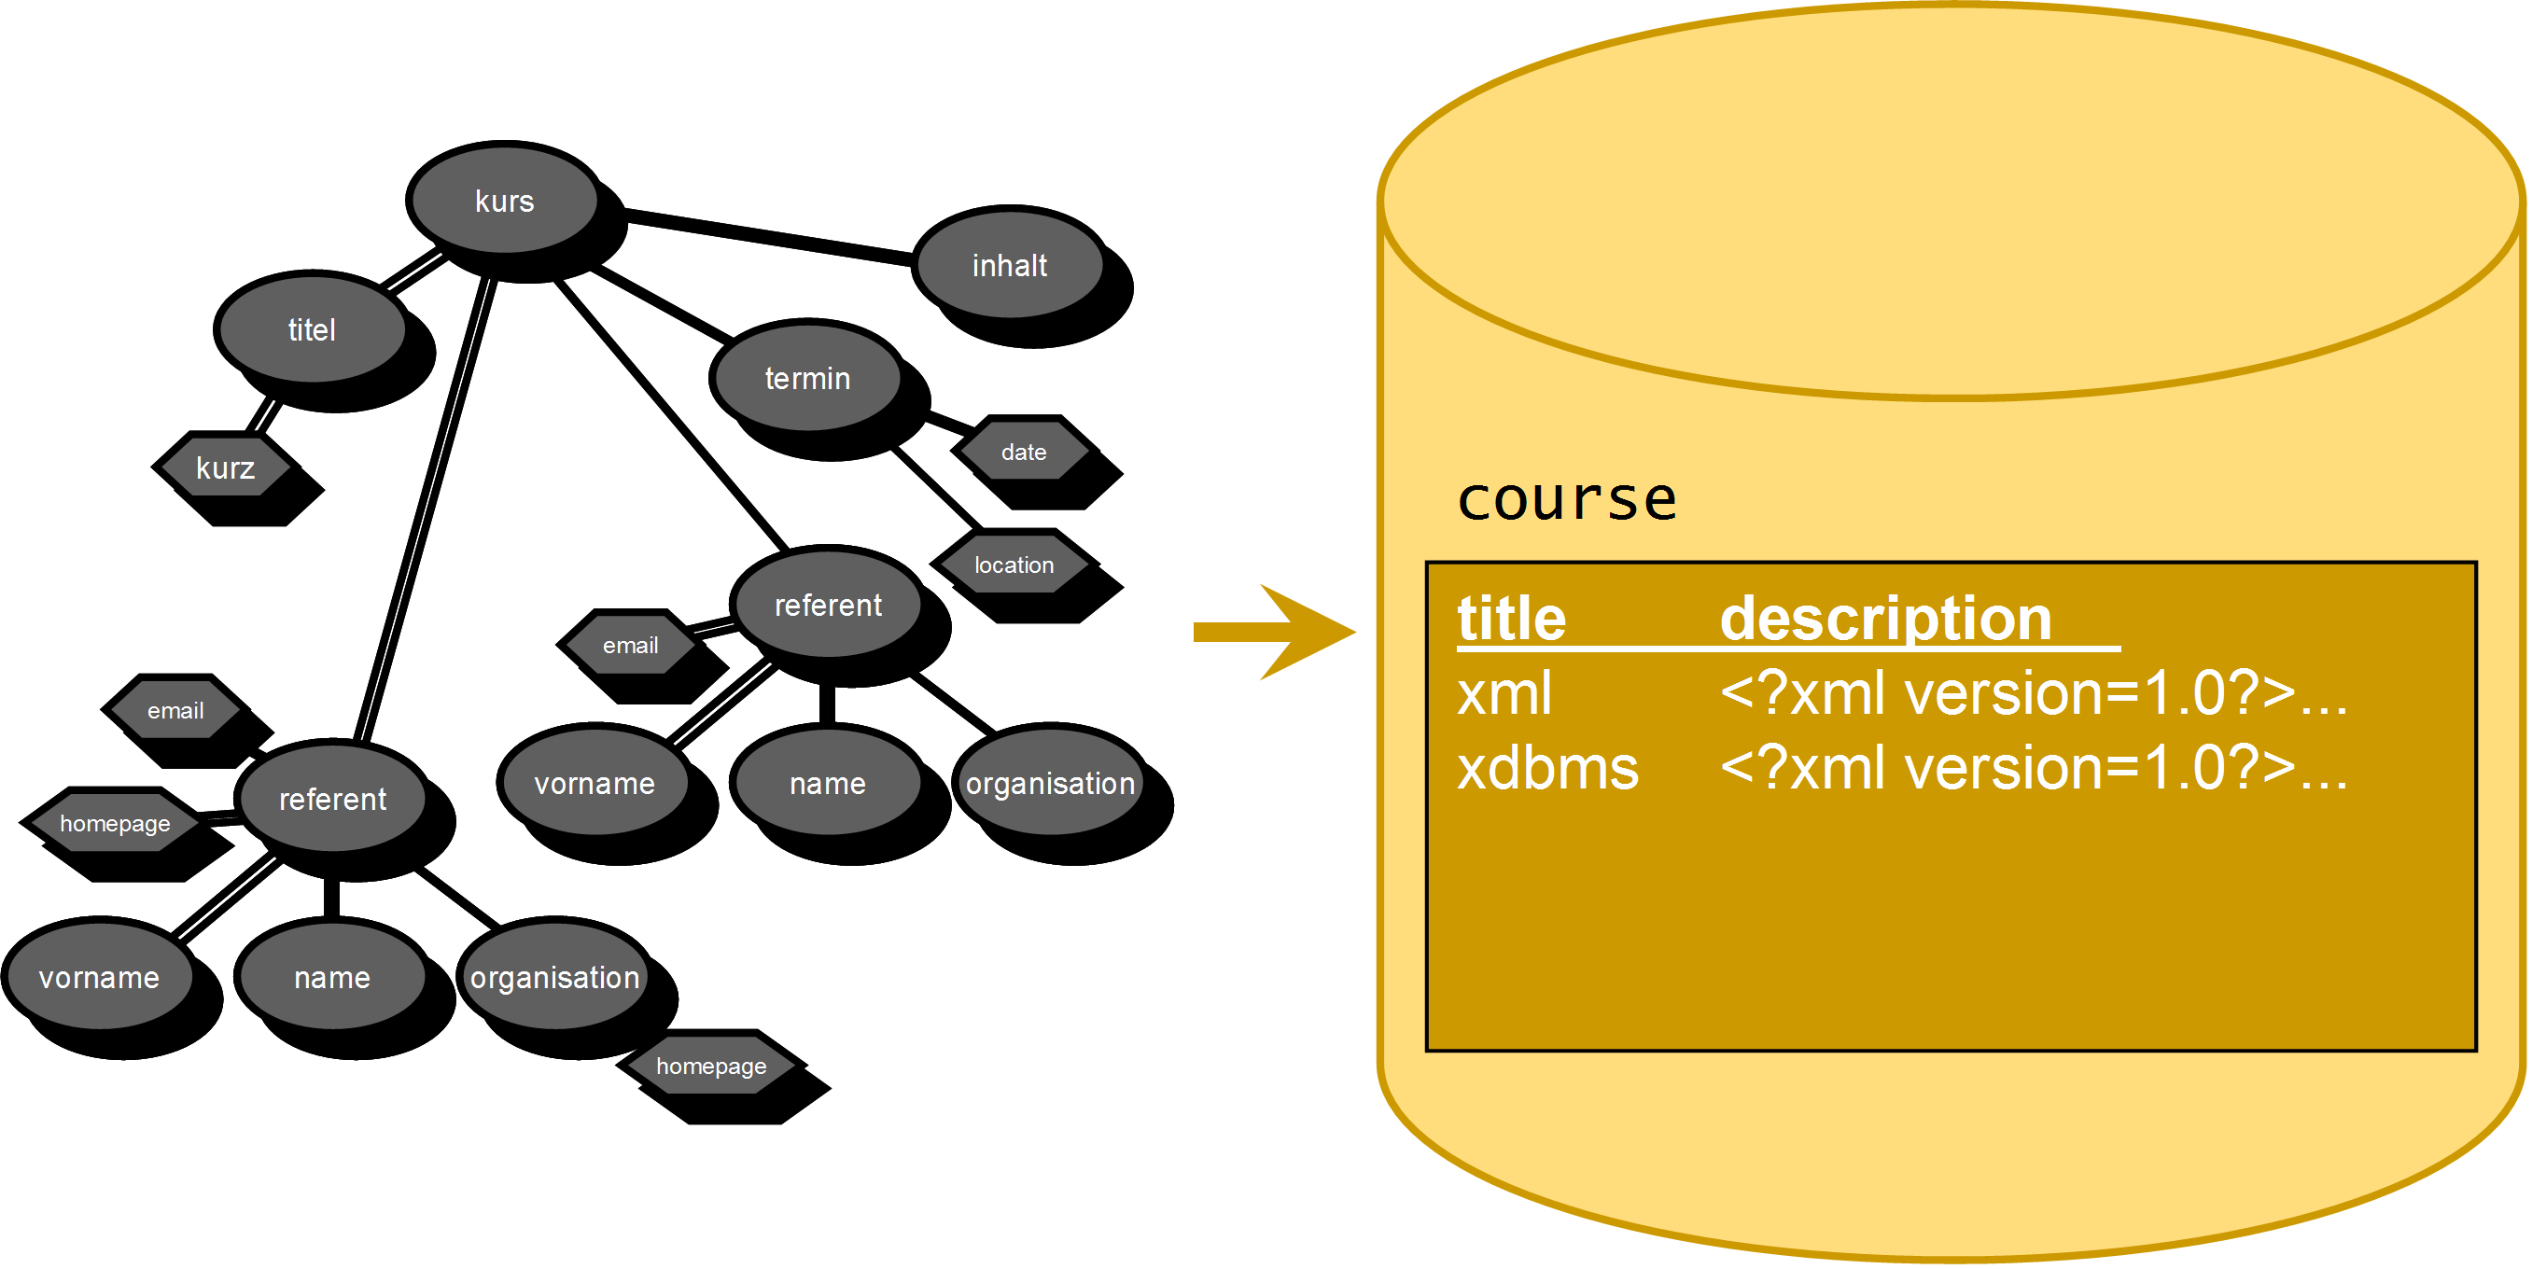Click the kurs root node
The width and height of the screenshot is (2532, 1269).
point(503,201)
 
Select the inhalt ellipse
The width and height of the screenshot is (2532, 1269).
point(1010,265)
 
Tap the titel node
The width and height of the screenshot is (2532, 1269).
point(312,329)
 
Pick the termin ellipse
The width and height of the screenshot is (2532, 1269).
point(807,379)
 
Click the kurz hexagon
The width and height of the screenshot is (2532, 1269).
point(225,467)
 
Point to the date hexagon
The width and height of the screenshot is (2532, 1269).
point(1023,453)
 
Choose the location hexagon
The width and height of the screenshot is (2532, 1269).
point(1014,565)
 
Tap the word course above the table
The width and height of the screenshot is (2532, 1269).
point(1566,499)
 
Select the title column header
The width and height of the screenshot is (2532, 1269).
point(1511,620)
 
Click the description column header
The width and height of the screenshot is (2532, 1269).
point(1885,620)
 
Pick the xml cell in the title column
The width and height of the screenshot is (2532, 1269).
point(1504,694)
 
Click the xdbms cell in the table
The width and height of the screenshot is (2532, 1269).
point(1547,769)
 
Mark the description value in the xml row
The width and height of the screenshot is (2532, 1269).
point(2033,694)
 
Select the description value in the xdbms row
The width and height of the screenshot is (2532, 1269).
point(2033,769)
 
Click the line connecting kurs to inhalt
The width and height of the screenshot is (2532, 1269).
point(766,236)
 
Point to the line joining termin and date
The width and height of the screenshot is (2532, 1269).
point(949,424)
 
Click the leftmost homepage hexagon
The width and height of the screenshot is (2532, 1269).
point(115,824)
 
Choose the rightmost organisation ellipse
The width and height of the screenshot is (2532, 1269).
point(1050,784)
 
